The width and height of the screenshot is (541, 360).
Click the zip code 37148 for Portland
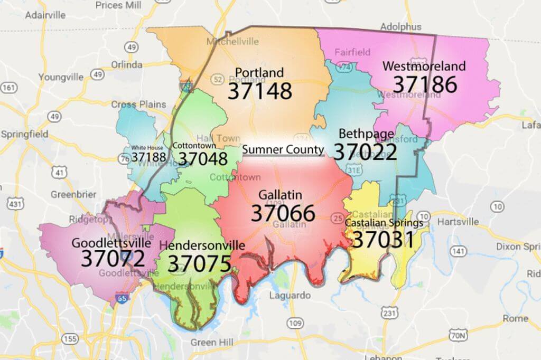point(259,91)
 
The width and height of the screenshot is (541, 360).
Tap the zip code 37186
point(425,84)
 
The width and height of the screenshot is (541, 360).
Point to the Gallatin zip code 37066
point(283,213)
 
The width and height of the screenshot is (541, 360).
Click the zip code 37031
point(383,240)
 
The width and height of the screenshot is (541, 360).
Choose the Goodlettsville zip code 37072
point(113,259)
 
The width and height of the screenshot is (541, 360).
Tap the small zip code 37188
point(149,157)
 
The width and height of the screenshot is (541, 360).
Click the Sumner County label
point(283,150)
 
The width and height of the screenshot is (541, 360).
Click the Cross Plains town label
point(138,104)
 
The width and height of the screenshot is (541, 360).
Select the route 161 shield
point(8,87)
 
